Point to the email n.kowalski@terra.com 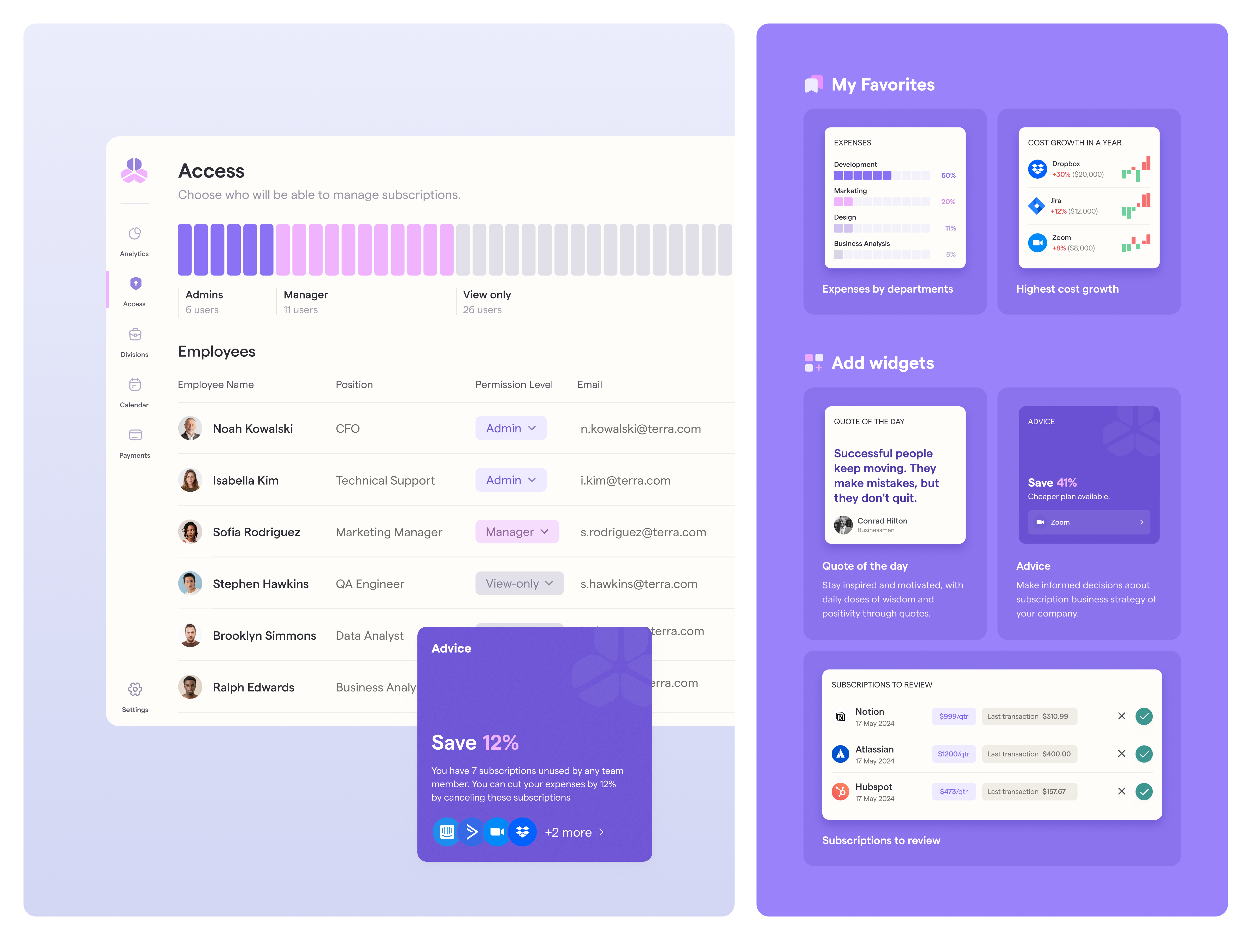click(x=640, y=429)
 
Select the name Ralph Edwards click(x=253, y=687)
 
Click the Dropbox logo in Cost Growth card click(x=1037, y=169)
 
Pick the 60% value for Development click(x=948, y=176)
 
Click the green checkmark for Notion click(x=1144, y=716)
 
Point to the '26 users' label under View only click(x=482, y=310)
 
